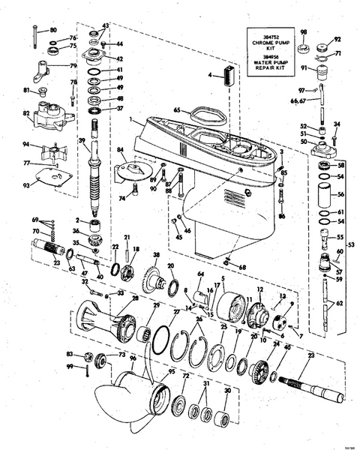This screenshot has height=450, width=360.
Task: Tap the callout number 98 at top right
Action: (x=303, y=32)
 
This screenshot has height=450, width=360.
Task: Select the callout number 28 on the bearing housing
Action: (x=135, y=298)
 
